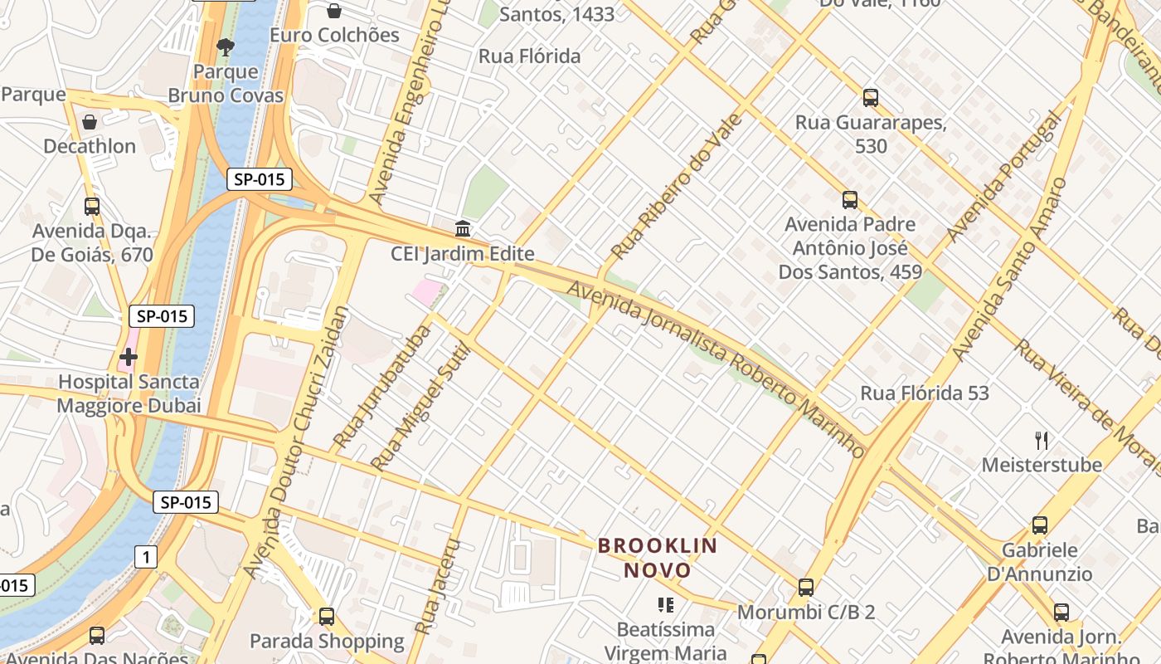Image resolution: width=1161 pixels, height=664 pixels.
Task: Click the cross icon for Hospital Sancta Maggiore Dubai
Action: pos(128,358)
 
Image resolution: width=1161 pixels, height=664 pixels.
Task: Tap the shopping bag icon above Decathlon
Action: pos(90,122)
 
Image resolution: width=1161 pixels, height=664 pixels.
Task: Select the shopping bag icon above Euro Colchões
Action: pos(334,11)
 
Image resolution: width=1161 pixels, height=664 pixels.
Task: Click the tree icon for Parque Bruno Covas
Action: pos(225,46)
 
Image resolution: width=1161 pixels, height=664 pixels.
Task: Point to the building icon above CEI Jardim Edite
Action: pos(463,228)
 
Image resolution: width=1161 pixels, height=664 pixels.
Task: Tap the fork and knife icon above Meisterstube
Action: pos(1042,440)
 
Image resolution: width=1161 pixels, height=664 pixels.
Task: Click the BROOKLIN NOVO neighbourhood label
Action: pos(658,558)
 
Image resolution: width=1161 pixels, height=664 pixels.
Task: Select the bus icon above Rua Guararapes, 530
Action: pos(871,98)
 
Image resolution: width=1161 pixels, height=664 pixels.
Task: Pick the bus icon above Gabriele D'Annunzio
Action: pos(1040,525)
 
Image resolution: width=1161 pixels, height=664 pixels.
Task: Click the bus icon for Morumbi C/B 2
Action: pos(805,588)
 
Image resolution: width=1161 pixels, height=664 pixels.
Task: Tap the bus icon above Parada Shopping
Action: pos(327,617)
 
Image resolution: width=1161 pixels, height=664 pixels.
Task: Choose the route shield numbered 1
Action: pos(145,557)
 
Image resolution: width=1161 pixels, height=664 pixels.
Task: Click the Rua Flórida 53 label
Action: pos(925,393)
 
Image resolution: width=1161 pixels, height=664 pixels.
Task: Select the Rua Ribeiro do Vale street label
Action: pos(676,186)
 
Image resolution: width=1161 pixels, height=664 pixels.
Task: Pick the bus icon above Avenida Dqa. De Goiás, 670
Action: pos(92,207)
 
